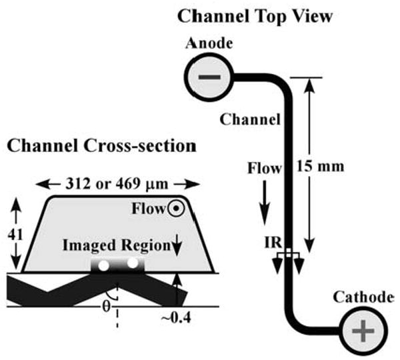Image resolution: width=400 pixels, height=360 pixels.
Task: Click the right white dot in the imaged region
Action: (133, 263)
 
